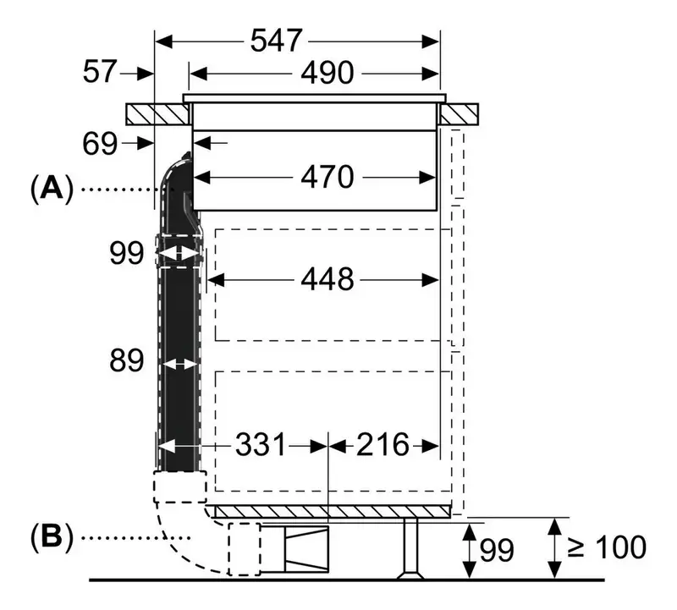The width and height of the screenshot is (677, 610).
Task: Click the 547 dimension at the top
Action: tap(277, 41)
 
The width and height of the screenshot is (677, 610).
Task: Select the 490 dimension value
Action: tap(327, 73)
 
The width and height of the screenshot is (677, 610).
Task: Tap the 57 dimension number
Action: tap(100, 71)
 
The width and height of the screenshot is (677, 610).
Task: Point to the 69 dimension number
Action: tap(100, 144)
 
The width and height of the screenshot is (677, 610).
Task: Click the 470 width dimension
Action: tap(327, 177)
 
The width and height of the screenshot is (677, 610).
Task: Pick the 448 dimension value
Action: tap(327, 279)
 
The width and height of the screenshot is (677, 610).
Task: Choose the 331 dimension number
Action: tap(261, 444)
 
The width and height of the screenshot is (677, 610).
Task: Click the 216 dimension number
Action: tap(383, 444)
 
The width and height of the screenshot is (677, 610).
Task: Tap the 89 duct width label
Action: tap(126, 360)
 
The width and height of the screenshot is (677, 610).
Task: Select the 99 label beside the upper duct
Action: tap(126, 254)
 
